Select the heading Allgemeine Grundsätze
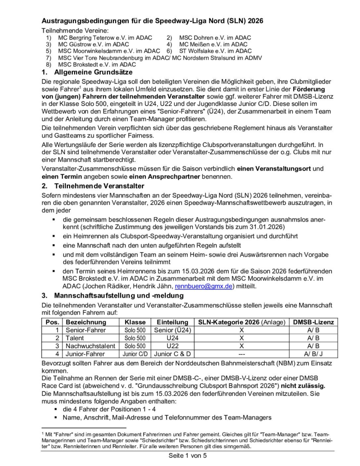[93, 72]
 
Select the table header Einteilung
[172, 322]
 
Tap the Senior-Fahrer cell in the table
[86, 330]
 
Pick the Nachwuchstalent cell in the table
[91, 346]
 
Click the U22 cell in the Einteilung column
[172, 346]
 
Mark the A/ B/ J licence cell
[313, 354]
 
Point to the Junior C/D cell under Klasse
[135, 354]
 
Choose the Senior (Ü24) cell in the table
[172, 330]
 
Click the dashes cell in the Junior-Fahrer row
[242, 354]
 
